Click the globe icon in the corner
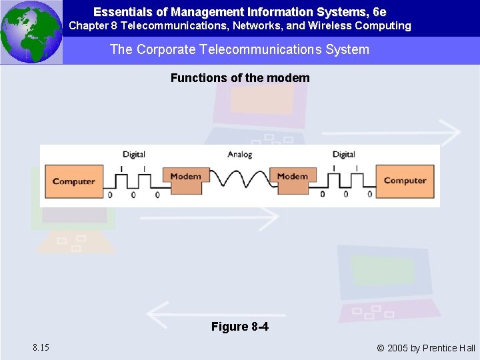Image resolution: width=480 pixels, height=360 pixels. [31, 32]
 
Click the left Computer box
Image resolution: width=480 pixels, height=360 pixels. [73, 181]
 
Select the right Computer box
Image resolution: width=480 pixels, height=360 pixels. [405, 181]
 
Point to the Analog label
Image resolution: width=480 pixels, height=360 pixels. [239, 155]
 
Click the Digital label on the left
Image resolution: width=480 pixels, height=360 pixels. [134, 155]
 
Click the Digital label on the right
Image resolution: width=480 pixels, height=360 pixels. [343, 155]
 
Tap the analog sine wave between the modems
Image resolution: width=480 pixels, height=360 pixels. [239, 178]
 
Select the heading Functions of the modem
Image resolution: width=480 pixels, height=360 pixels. [240, 78]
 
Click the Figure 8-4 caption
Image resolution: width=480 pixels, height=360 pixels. [240, 327]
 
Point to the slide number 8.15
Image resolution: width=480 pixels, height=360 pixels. [39, 347]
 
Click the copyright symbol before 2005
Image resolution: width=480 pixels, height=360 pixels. [381, 348]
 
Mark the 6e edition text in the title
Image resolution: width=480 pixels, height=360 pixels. [379, 12]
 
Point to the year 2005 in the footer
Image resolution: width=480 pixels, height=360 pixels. [399, 348]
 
